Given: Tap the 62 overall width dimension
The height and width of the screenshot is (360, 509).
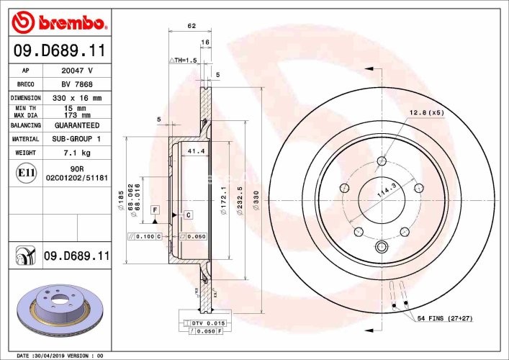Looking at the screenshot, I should [x=192, y=27].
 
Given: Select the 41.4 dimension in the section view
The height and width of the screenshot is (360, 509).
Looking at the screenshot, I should [x=192, y=152].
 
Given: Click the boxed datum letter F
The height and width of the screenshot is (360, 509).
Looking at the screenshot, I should [x=154, y=209].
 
